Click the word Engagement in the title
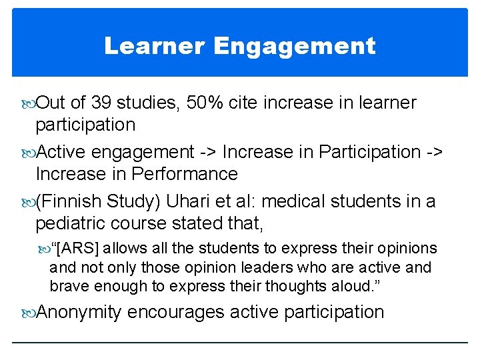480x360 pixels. click(295, 47)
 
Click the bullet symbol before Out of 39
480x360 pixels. click(28, 103)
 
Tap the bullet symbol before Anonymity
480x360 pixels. click(28, 313)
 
